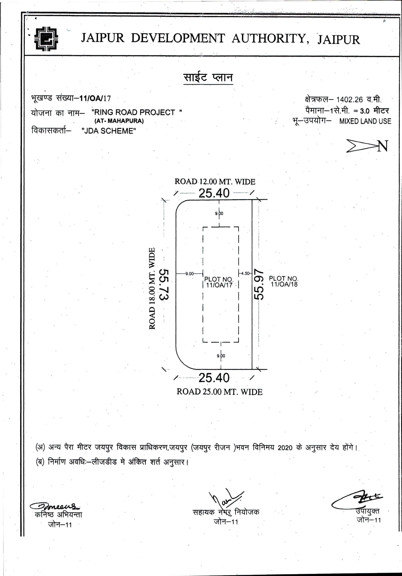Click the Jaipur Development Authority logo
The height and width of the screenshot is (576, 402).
[46, 39]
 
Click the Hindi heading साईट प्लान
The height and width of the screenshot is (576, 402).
[208, 78]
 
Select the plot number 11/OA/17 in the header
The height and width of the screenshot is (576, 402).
[95, 98]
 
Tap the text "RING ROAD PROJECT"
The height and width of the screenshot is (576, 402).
[137, 112]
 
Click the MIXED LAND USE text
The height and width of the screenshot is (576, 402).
[365, 121]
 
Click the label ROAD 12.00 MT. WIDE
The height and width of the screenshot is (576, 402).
[215, 182]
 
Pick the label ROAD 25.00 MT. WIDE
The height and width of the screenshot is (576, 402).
[219, 392]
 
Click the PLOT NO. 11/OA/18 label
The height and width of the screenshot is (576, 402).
[284, 281]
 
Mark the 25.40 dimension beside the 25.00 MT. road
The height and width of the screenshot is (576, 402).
[214, 378]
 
